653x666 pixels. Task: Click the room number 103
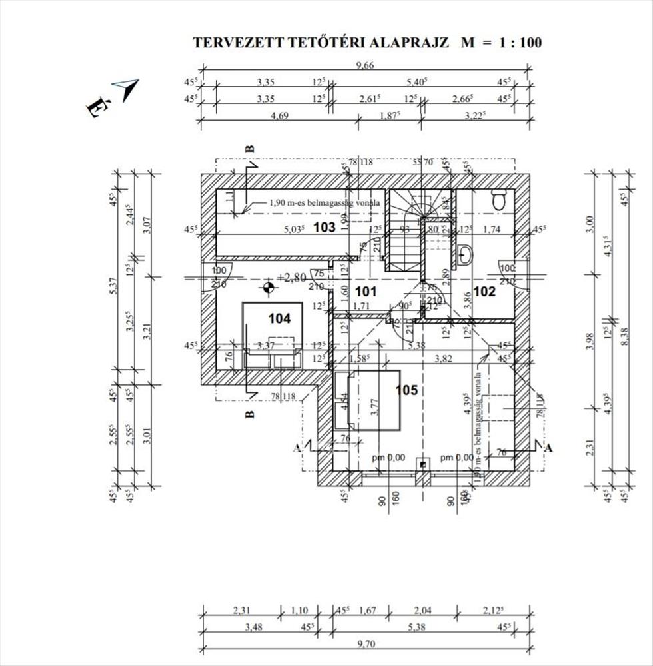coord(324,228)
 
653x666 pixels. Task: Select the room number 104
coord(279,319)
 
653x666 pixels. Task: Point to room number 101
coord(366,292)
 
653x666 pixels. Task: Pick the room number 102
coord(485,291)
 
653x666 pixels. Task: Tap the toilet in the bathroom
coord(498,198)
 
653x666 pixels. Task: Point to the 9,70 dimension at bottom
coord(365,644)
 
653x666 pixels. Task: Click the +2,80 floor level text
coord(292,277)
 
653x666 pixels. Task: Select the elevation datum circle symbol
coord(268,288)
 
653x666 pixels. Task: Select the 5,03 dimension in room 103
coord(293,228)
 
